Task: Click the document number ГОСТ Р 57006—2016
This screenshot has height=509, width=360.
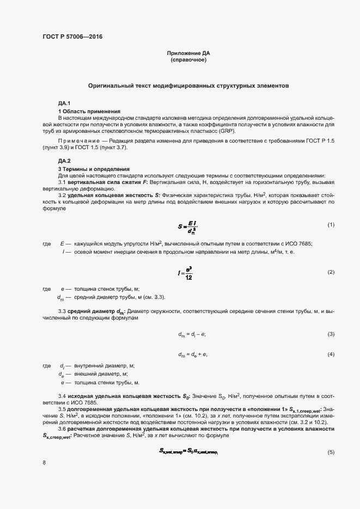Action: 72,36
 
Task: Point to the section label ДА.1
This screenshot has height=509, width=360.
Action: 64,104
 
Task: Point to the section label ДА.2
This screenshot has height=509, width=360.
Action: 64,161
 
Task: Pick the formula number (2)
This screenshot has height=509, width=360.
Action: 330,272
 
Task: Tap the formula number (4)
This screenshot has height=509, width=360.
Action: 330,354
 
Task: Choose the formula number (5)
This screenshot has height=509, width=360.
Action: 330,452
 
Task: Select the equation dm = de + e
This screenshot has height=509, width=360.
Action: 193,354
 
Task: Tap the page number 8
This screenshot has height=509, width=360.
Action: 44,463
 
